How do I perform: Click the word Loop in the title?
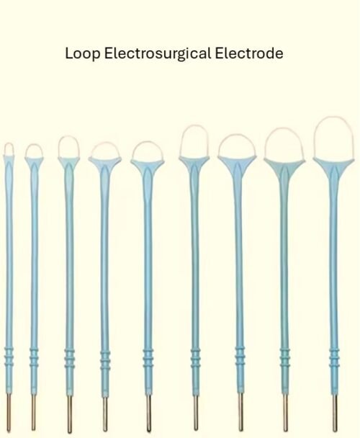click(x=82, y=53)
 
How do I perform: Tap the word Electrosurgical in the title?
click(x=158, y=53)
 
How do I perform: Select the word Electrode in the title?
click(x=249, y=53)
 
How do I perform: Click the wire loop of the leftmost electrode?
click(x=9, y=143)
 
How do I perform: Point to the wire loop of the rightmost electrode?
click(x=334, y=117)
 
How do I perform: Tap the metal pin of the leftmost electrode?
click(x=9, y=412)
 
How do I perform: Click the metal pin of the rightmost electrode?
click(x=335, y=412)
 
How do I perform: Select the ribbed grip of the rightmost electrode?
click(x=334, y=358)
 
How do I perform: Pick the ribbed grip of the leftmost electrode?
click(x=9, y=356)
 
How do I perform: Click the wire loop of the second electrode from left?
click(x=34, y=145)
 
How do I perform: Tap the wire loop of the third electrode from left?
click(x=68, y=137)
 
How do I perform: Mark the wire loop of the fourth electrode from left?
click(x=105, y=143)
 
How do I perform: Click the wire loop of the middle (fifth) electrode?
click(x=148, y=142)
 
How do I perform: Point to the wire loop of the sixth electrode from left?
click(x=194, y=125)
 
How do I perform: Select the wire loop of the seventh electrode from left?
click(x=237, y=135)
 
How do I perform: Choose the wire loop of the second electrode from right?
click(x=284, y=128)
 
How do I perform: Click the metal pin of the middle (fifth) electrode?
click(x=148, y=413)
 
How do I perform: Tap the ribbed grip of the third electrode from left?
click(x=69, y=358)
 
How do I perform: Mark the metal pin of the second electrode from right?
click(x=285, y=413)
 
